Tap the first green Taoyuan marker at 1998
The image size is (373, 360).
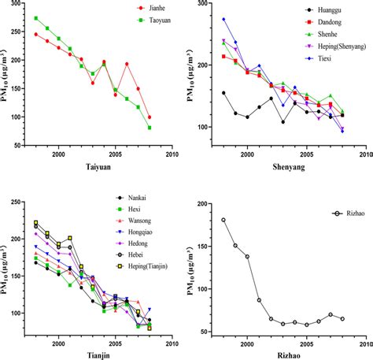pyautogui.click(x=35, y=18)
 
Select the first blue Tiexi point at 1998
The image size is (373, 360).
pyautogui.click(x=223, y=19)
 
